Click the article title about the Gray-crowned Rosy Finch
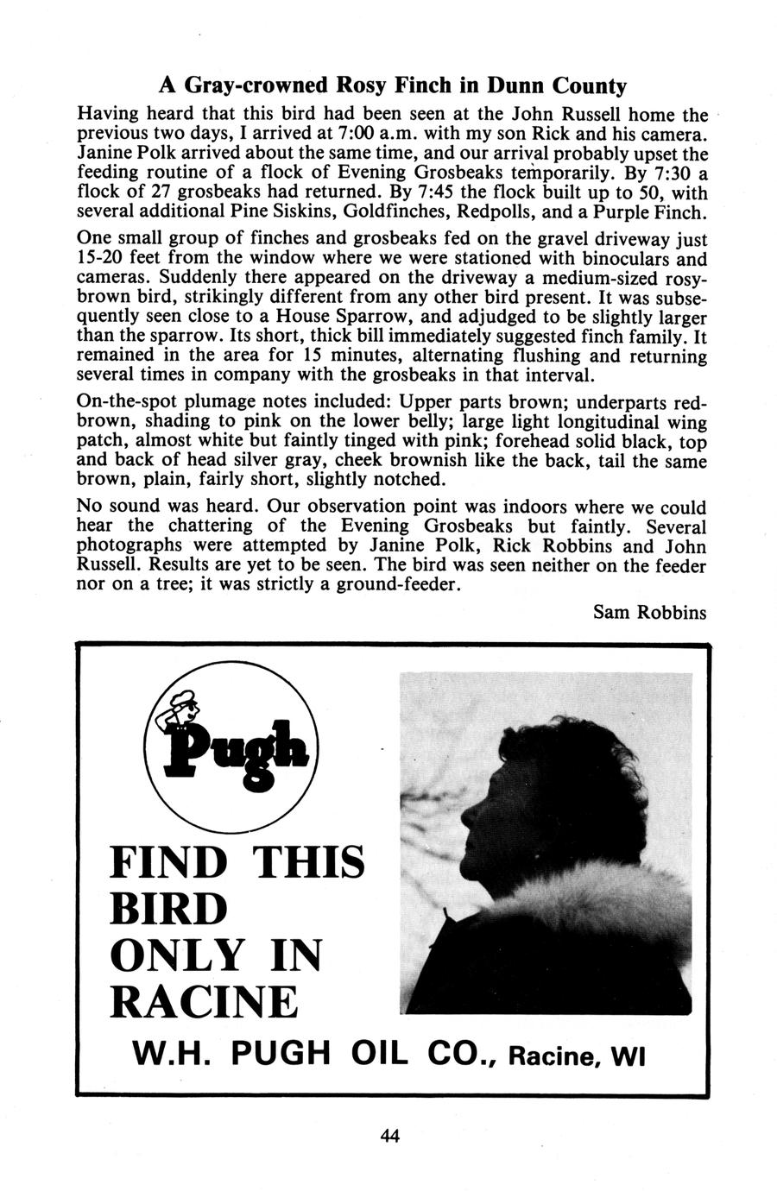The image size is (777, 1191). [x=392, y=86]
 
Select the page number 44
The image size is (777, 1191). [x=389, y=1136]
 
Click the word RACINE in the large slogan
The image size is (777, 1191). [x=204, y=1002]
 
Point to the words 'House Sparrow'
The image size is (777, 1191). [x=332, y=317]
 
